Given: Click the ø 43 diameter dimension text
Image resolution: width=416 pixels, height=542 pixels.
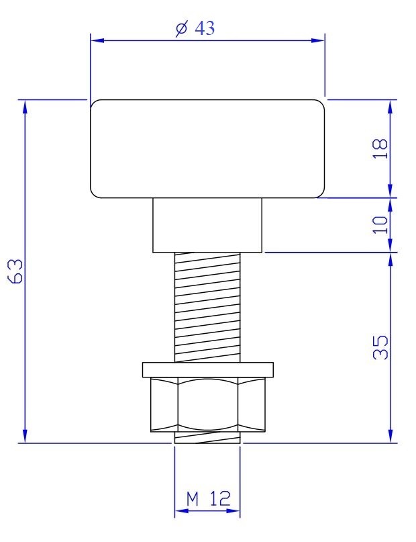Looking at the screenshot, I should click(x=195, y=30).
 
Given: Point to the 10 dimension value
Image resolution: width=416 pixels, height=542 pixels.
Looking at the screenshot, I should click(x=380, y=224).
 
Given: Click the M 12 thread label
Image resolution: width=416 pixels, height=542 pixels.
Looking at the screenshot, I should click(x=208, y=498).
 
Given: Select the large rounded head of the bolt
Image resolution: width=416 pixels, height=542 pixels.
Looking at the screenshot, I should click(x=207, y=148).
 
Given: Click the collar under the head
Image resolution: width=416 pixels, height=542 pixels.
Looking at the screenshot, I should click(x=207, y=224).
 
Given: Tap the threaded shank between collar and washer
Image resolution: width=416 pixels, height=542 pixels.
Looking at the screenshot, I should click(x=207, y=306).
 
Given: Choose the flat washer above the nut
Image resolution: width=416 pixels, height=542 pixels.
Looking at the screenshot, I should click(x=207, y=369).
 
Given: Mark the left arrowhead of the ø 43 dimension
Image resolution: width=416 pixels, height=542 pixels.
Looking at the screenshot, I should click(x=97, y=41).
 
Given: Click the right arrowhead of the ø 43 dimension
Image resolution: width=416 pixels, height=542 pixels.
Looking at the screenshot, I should click(x=319, y=41).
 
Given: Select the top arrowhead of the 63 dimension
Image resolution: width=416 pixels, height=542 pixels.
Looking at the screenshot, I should click(x=25, y=105).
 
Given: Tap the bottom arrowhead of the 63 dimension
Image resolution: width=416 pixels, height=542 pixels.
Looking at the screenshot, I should click(x=25, y=437).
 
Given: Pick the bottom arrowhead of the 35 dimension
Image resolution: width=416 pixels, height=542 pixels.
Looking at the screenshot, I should click(x=390, y=437).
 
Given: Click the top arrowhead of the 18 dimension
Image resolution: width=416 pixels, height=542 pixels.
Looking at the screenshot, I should click(x=390, y=105).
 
